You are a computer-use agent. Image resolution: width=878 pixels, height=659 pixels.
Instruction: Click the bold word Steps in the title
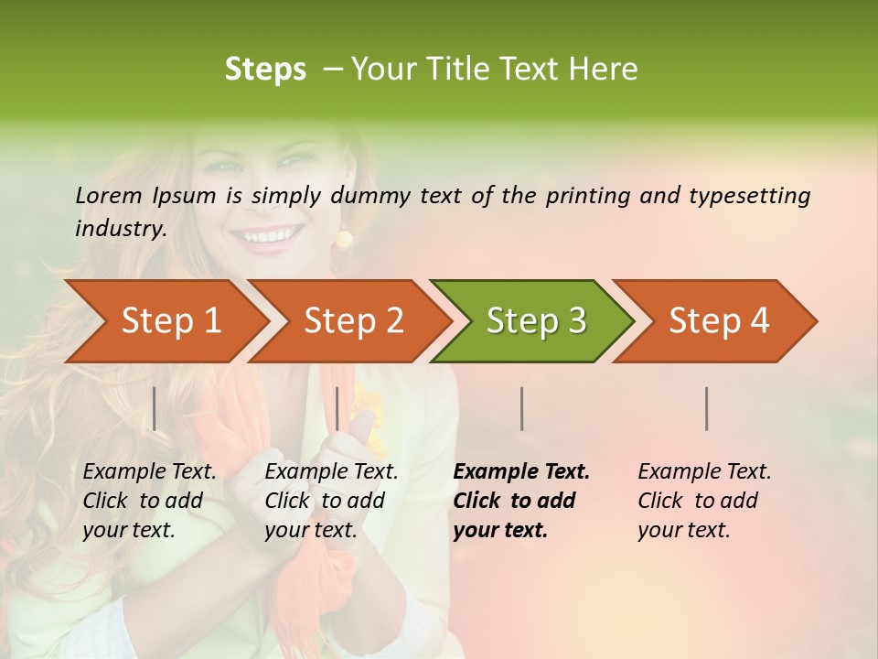click(265, 70)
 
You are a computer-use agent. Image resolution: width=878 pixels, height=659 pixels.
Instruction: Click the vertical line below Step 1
click(155, 408)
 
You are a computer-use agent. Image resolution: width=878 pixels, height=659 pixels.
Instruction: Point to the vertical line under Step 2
click(337, 408)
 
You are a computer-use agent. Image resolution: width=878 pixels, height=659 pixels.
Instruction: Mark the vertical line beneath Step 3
click(521, 408)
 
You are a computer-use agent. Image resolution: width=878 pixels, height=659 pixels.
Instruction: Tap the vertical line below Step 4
click(706, 408)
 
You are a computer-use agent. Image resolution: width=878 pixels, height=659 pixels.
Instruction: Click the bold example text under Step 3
click(520, 501)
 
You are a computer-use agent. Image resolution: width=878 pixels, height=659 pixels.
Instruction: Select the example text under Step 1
click(149, 501)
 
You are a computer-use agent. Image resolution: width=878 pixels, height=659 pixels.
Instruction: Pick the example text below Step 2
click(331, 501)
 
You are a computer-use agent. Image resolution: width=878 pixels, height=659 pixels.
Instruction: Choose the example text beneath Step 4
click(703, 501)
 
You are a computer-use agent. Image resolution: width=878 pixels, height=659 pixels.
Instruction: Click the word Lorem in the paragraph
click(108, 196)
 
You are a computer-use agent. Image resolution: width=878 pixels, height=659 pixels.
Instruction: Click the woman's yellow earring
click(343, 239)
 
